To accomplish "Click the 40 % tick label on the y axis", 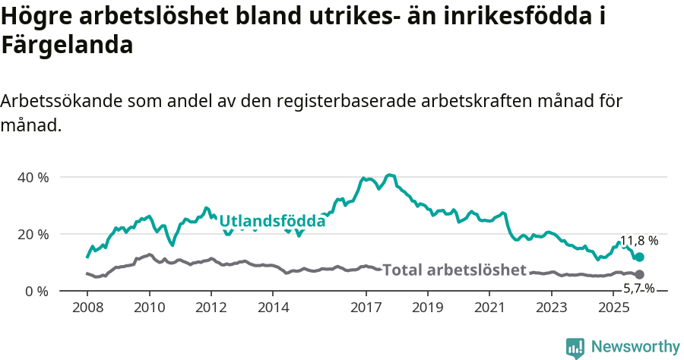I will click(33, 177).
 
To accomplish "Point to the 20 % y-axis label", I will click(33, 234).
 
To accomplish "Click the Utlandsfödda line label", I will click(272, 221).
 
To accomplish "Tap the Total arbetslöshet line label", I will click(454, 270).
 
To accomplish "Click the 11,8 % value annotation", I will click(638, 241).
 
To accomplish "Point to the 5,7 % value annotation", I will click(638, 288).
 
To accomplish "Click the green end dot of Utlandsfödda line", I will click(639, 257).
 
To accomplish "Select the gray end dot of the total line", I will click(639, 274).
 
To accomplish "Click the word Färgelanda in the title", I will click(67, 45).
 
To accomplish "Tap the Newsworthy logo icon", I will click(575, 347).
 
